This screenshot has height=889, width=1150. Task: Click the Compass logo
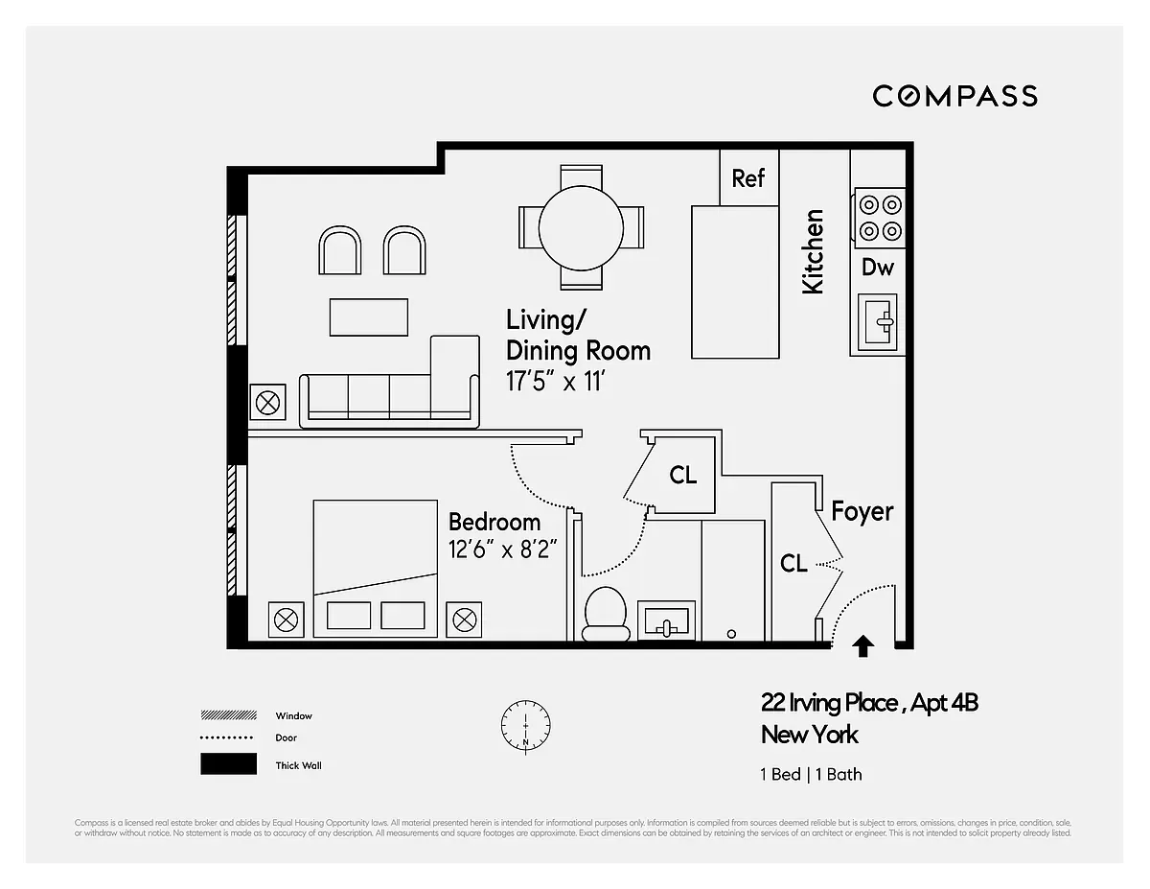tap(954, 96)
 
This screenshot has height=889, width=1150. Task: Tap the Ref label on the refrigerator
tap(748, 178)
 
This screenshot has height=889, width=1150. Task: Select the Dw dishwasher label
tap(877, 268)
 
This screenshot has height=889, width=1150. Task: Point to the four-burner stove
tap(879, 217)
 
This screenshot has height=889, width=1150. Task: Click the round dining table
tap(581, 227)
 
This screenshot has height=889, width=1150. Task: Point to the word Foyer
tap(862, 512)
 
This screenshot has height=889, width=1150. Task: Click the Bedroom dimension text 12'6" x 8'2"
tap(503, 550)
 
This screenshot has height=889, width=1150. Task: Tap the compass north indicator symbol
tap(525, 726)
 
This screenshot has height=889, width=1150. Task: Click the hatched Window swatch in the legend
tap(228, 715)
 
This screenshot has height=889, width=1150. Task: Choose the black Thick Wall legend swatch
tap(228, 764)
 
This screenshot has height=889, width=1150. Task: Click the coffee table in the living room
tap(369, 317)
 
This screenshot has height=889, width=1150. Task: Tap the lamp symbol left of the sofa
tap(267, 401)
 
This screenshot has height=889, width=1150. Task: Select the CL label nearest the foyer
tap(793, 564)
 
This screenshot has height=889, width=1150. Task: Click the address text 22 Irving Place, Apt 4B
tap(869, 703)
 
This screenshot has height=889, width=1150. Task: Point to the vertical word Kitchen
tap(813, 251)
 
